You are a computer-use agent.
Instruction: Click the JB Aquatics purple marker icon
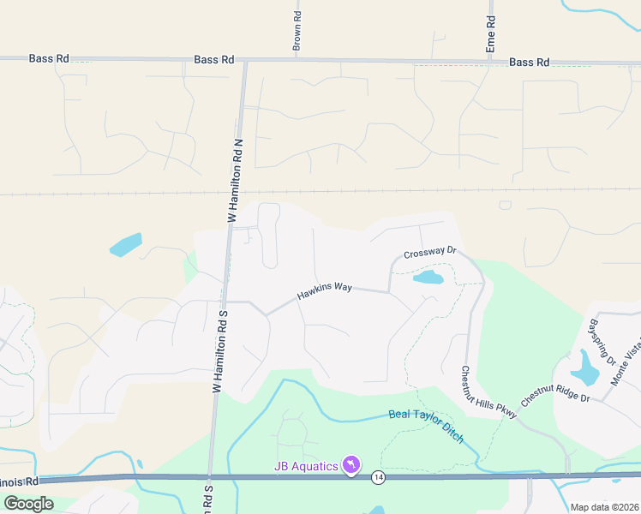pyautogui.click(x=350, y=464)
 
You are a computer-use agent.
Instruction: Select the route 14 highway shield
pyautogui.click(x=377, y=476)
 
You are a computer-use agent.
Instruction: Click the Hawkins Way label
pyautogui.click(x=325, y=291)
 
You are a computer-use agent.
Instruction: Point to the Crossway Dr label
pyautogui.click(x=430, y=254)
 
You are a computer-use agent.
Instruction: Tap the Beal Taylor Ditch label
pyautogui.click(x=427, y=425)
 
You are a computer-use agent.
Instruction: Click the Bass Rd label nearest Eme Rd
pyautogui.click(x=529, y=63)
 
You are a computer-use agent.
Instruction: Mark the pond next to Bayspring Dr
pyautogui.click(x=586, y=369)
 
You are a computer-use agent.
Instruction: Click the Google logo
pyautogui.click(x=28, y=503)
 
